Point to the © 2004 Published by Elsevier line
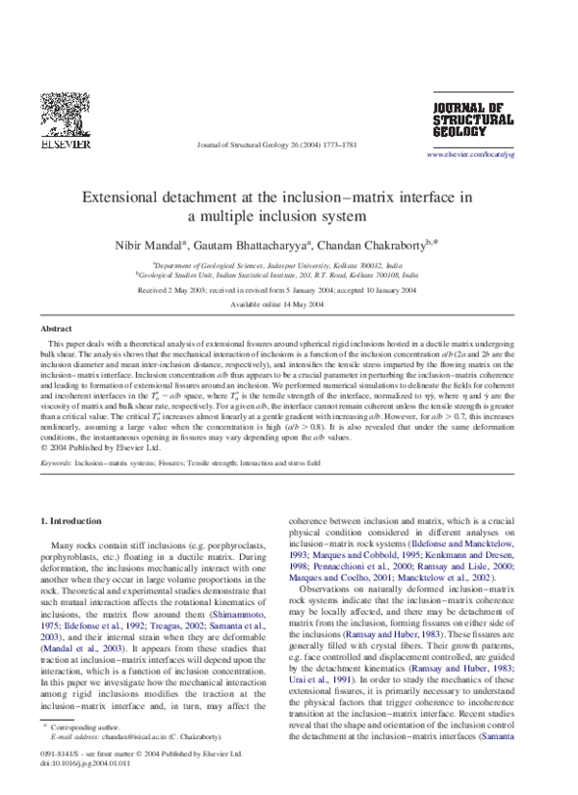tap(102, 446)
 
